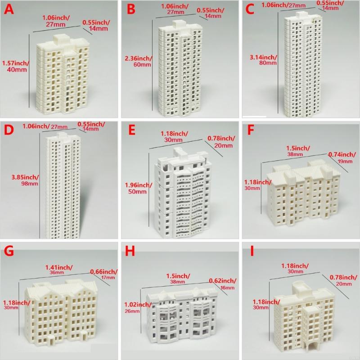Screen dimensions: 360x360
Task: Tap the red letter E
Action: (x=131, y=130)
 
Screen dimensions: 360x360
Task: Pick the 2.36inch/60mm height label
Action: (x=139, y=62)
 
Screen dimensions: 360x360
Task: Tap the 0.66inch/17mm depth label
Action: (x=103, y=274)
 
